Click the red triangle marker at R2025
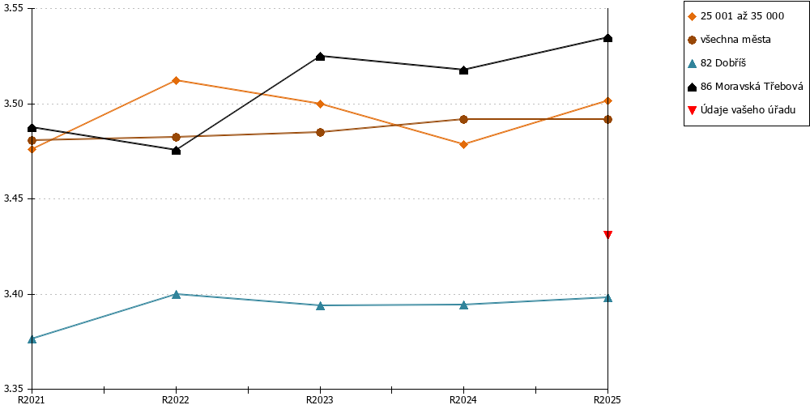[x=608, y=235]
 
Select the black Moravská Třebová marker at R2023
[x=320, y=57]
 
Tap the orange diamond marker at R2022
[x=176, y=80]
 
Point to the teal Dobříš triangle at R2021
[x=32, y=339]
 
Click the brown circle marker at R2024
[x=464, y=119]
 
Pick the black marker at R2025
[x=608, y=38]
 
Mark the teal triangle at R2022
[x=176, y=295]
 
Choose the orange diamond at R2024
[x=464, y=144]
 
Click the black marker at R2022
[x=176, y=151]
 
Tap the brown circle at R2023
[x=320, y=132]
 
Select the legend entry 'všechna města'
[x=735, y=39]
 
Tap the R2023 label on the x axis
[x=320, y=399]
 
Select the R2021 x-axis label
[x=32, y=399]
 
